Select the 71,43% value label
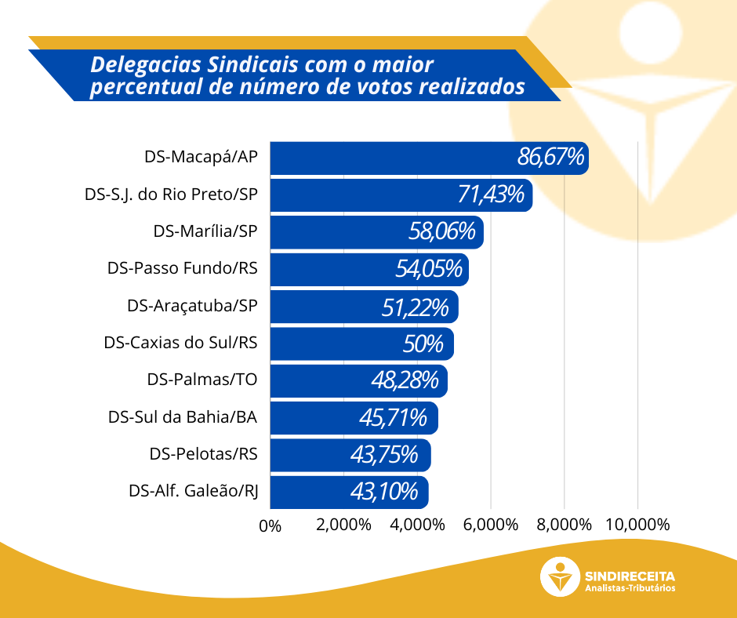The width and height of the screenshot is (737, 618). pos(490,194)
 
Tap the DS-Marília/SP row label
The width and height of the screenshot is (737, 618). pos(205,231)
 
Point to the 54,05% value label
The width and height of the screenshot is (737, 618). pos(428,269)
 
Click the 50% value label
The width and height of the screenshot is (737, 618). pos(423,344)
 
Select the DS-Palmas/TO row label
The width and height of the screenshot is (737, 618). pos(202,380)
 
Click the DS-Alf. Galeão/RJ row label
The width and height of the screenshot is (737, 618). pos(194,492)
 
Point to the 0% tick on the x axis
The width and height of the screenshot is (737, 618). pos(270,525)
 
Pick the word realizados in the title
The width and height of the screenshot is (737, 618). pos(479,87)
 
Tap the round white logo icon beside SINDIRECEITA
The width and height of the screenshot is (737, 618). pos(561,577)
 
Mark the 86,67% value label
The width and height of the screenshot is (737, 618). pos(550,157)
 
